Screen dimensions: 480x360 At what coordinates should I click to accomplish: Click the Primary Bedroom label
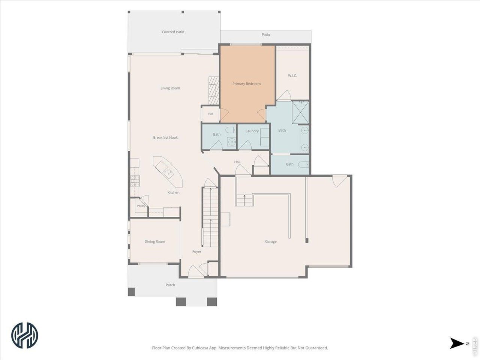(x=246, y=84)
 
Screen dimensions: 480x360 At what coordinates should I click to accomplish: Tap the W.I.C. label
(x=292, y=76)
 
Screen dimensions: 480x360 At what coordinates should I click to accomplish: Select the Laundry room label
(x=252, y=131)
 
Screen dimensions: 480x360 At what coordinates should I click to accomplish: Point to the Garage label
(x=271, y=241)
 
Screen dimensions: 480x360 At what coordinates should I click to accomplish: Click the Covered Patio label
(x=173, y=32)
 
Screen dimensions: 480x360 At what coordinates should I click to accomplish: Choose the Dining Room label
(x=154, y=241)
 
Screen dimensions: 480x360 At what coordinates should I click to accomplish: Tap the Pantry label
(x=141, y=205)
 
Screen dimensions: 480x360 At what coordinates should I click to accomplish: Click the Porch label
(x=170, y=285)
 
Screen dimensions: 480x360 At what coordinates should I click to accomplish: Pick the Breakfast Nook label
(x=165, y=138)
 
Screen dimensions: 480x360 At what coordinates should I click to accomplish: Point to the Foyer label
(x=196, y=252)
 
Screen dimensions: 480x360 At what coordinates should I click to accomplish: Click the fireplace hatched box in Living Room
(x=214, y=90)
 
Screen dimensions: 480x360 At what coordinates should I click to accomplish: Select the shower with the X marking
(x=300, y=112)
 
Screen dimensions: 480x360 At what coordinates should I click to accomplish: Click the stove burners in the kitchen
(x=135, y=181)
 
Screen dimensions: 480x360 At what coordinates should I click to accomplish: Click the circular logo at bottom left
(x=25, y=335)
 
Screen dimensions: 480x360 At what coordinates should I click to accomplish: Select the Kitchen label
(x=173, y=193)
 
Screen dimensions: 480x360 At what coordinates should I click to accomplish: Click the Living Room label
(x=170, y=88)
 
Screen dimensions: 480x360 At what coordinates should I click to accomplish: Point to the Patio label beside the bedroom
(x=266, y=34)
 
